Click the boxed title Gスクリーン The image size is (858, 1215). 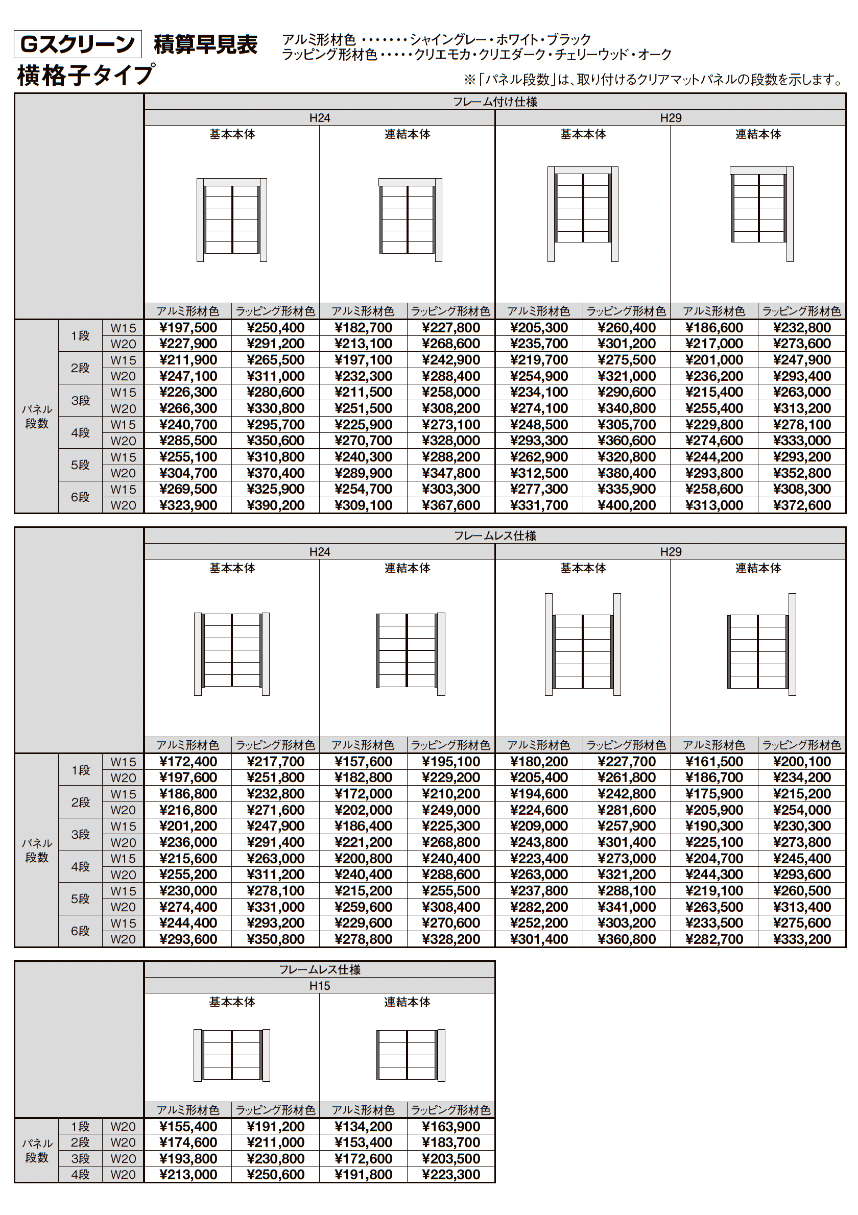click(77, 44)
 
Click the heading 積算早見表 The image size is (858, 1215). click(205, 44)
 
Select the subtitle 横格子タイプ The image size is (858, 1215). click(86, 75)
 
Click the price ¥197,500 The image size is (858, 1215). click(188, 328)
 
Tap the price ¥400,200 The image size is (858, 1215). click(626, 505)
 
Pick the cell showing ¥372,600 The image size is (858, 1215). click(801, 505)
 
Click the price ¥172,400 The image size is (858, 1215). click(188, 762)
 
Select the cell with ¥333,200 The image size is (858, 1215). click(801, 939)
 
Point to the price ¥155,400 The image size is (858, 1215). click(188, 1127)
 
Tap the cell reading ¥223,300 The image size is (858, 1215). click(450, 1175)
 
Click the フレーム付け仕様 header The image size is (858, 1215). click(494, 102)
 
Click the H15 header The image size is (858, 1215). click(319, 986)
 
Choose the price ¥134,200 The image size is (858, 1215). click(363, 1127)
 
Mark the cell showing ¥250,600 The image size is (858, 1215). click(275, 1175)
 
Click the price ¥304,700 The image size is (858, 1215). click(188, 473)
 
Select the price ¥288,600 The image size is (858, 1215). click(450, 874)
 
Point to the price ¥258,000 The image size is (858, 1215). click(450, 392)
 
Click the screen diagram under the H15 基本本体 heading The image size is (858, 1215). click(232, 1055)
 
